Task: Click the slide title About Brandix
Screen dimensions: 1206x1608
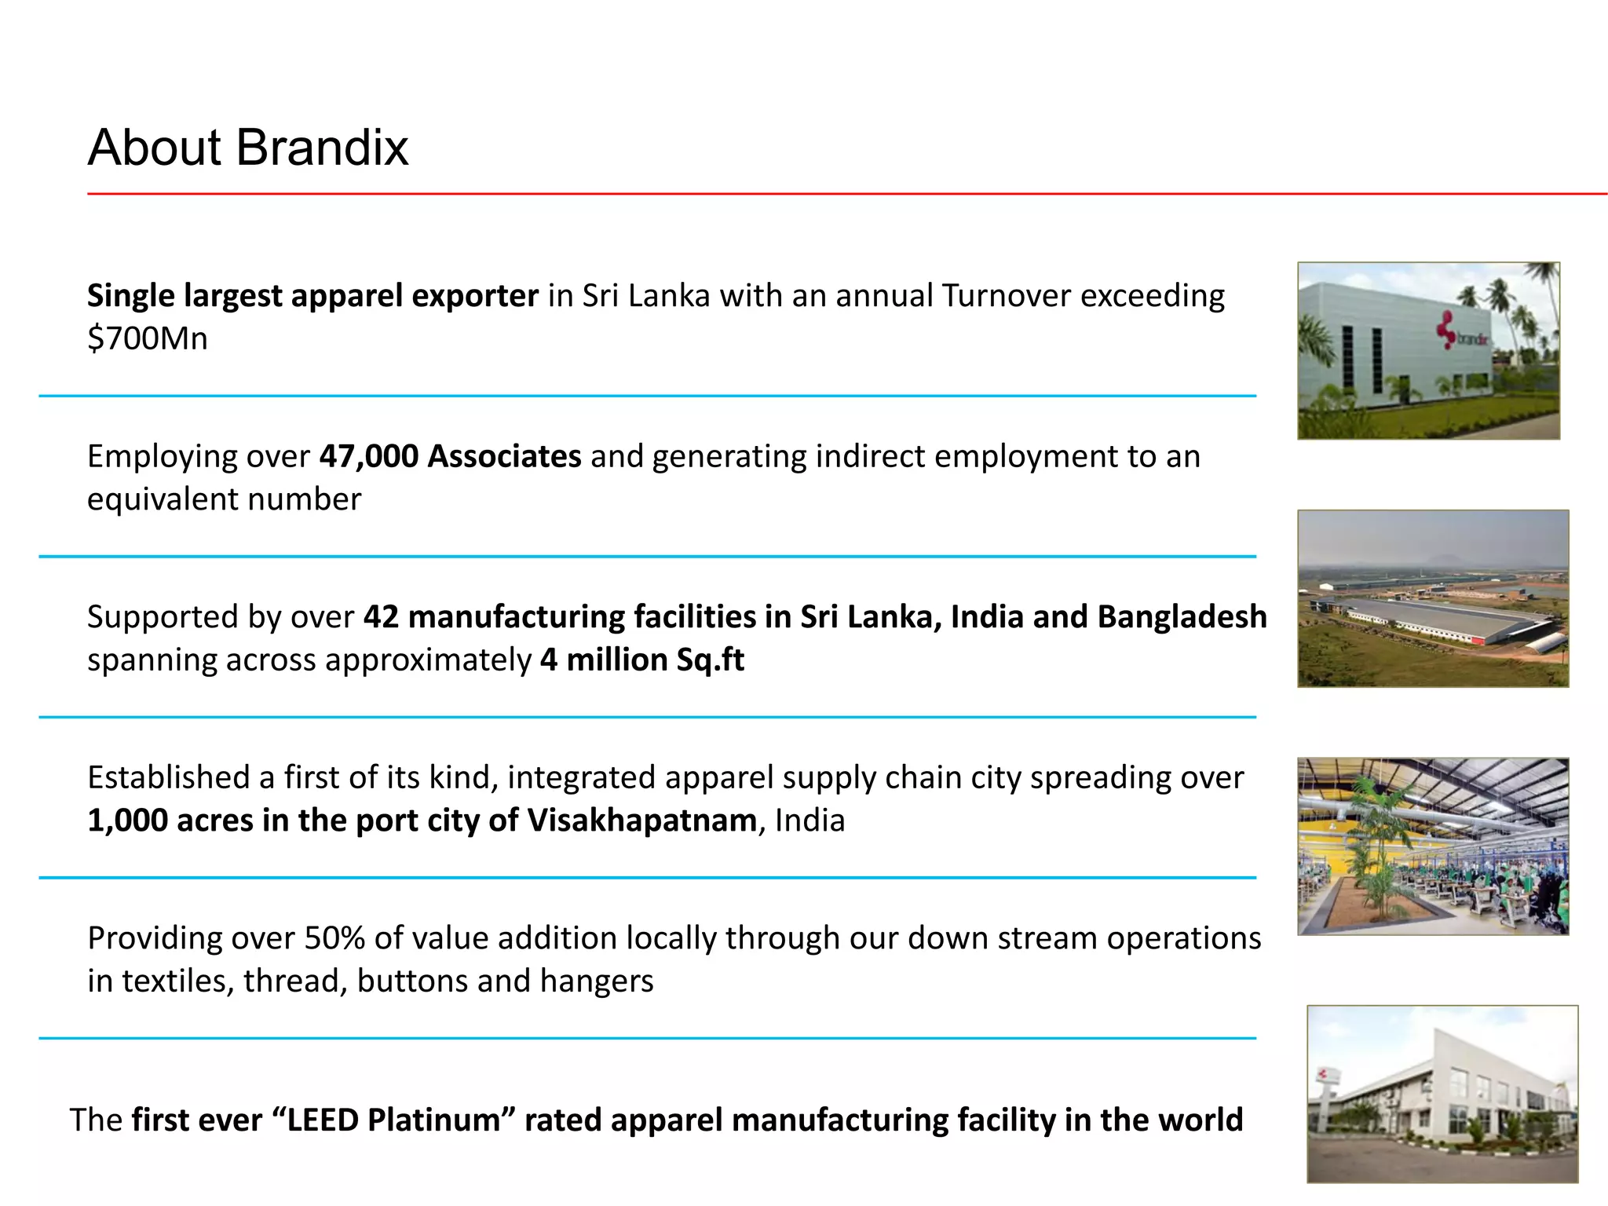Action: tap(247, 148)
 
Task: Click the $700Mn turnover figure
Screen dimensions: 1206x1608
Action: tap(148, 339)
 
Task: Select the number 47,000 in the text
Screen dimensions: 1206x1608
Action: tap(368, 456)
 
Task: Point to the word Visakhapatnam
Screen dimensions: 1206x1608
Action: tap(641, 820)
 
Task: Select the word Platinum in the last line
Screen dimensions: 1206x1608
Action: tap(433, 1120)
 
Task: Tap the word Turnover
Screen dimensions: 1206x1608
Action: tap(1007, 296)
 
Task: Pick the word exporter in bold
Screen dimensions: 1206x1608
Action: tap(475, 296)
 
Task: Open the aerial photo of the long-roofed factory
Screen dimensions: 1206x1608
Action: tap(1433, 598)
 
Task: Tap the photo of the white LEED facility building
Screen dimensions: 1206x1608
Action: tap(1442, 1094)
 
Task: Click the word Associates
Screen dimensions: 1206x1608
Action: tap(504, 456)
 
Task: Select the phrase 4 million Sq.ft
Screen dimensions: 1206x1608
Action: tap(641, 660)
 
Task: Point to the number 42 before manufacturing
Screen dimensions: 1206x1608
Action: tap(381, 617)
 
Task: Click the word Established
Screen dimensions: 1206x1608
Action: tap(168, 777)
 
